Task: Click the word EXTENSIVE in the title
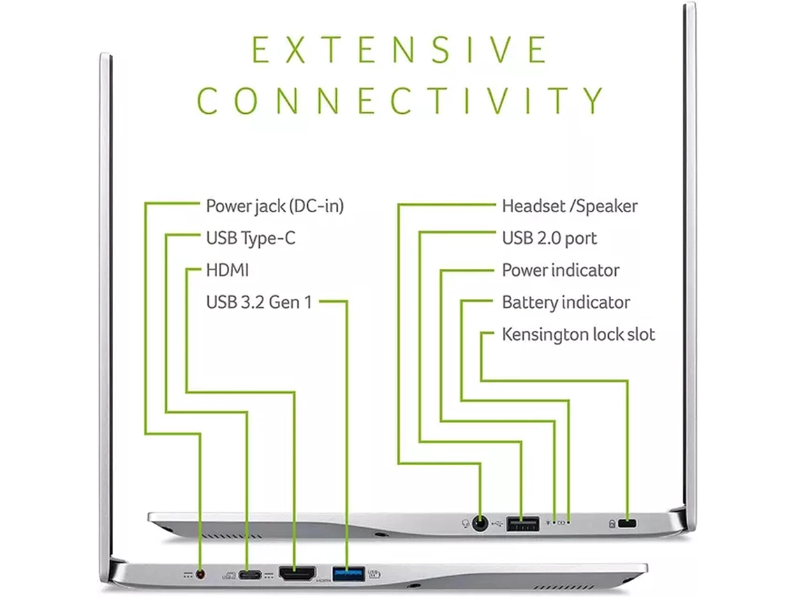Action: pyautogui.click(x=399, y=50)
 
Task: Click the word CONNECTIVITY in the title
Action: pyautogui.click(x=400, y=100)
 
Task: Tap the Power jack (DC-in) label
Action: pyautogui.click(x=274, y=206)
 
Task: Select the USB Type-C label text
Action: pyautogui.click(x=250, y=238)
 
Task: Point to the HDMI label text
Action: pyautogui.click(x=227, y=270)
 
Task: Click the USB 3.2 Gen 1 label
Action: pyautogui.click(x=259, y=302)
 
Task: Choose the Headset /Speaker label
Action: pyautogui.click(x=569, y=206)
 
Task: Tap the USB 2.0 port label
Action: pyautogui.click(x=549, y=238)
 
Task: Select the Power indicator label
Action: pyautogui.click(x=560, y=270)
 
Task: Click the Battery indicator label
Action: pyautogui.click(x=566, y=302)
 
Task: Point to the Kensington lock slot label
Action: pyautogui.click(x=578, y=334)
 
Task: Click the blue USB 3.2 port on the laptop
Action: pyautogui.click(x=348, y=575)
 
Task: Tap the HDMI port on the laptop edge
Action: pyautogui.click(x=297, y=574)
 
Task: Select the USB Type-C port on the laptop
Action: pyautogui.click(x=249, y=575)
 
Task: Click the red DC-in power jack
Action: pyautogui.click(x=202, y=574)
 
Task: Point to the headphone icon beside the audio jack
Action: pyautogui.click(x=466, y=523)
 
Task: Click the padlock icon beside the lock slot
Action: pyautogui.click(x=612, y=523)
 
